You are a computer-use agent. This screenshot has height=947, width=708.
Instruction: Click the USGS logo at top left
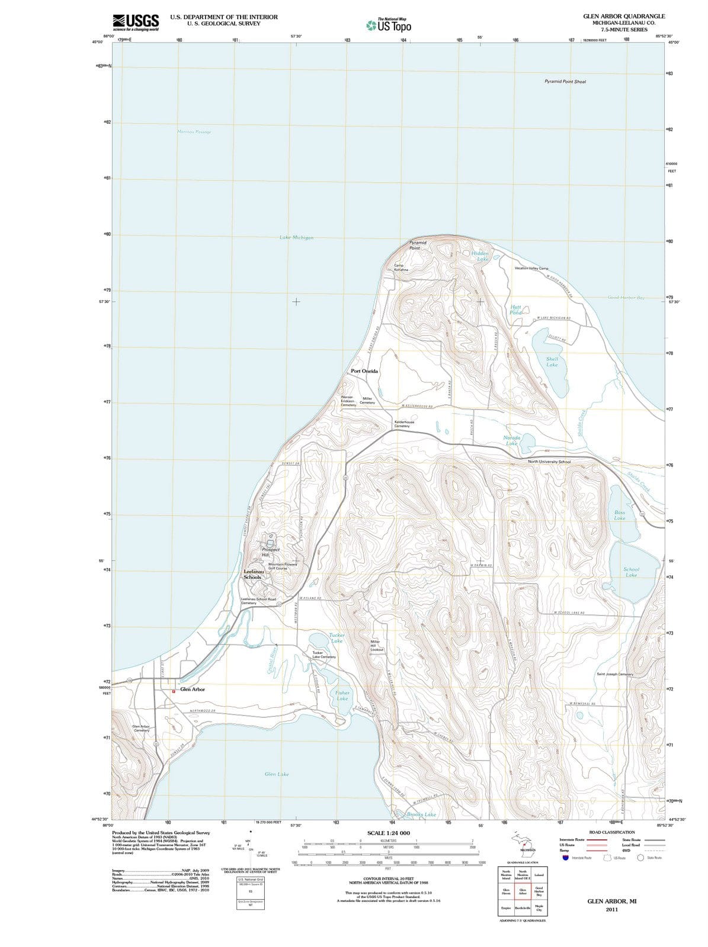(x=135, y=22)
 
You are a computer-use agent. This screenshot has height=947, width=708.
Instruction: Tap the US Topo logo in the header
(x=389, y=25)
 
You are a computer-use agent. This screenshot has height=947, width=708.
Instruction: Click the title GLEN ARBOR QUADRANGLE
(x=624, y=16)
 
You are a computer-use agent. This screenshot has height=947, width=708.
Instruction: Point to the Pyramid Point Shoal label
(x=565, y=81)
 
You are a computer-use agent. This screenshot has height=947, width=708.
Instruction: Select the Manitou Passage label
(x=194, y=131)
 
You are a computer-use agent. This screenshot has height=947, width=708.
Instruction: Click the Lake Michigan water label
(x=296, y=237)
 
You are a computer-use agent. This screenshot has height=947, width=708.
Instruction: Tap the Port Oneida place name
(x=364, y=371)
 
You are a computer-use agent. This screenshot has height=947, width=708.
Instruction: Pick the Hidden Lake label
(x=480, y=256)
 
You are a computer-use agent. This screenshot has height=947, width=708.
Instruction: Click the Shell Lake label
(x=552, y=362)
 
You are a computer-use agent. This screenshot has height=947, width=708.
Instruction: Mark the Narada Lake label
(x=511, y=440)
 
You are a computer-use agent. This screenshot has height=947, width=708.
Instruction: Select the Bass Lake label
(x=619, y=515)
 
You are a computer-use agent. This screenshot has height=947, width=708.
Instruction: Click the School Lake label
(x=631, y=572)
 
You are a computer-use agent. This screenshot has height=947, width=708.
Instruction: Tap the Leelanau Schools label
(x=252, y=574)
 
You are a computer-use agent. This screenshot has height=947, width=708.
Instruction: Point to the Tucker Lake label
(x=337, y=637)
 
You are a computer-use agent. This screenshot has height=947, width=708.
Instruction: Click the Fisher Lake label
(x=342, y=695)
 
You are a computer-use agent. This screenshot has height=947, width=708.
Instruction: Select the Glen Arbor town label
(x=193, y=690)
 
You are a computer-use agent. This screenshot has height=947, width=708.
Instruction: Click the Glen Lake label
(x=277, y=774)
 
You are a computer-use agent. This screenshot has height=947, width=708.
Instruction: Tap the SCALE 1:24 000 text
(x=388, y=833)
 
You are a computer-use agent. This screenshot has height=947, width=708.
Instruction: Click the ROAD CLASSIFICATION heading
(x=611, y=832)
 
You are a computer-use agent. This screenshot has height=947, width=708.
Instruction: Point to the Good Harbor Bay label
(x=626, y=297)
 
